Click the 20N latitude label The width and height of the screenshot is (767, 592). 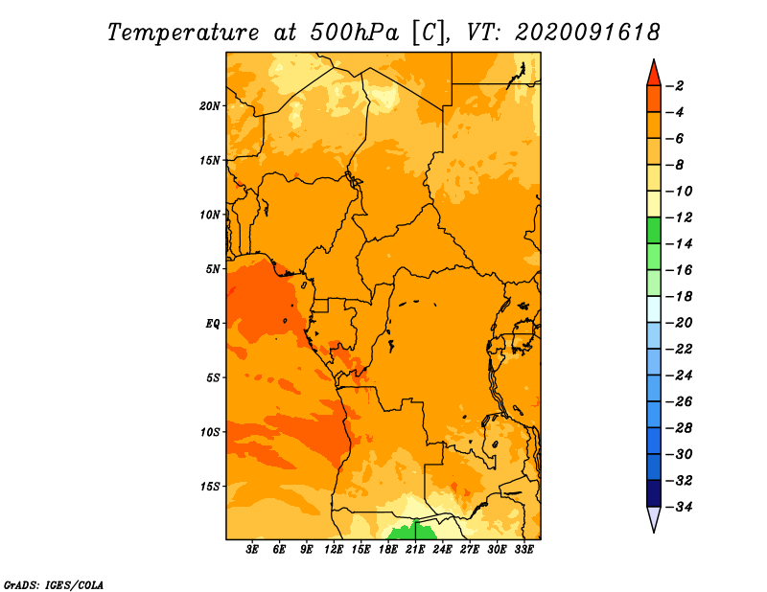pos(210,106)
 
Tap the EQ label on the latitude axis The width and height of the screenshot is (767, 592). pos(213,324)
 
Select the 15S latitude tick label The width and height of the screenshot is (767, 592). pos(210,487)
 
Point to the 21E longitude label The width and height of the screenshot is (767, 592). pos(415,550)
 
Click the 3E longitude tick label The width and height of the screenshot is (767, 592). pos(252,550)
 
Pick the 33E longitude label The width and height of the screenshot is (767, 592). pos(523,550)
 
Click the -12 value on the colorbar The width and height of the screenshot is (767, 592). pos(680,217)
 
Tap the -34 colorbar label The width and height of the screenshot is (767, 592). pos(680,507)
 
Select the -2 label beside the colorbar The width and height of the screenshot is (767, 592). pos(675,86)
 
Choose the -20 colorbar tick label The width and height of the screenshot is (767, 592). pos(680,323)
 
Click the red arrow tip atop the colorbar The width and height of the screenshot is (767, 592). pos(654,60)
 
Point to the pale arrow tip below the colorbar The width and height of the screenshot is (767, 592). pos(654,531)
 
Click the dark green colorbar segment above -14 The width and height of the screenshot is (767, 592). pos(654,231)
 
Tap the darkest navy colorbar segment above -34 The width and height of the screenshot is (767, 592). pos(654,493)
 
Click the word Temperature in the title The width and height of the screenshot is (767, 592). pos(183,33)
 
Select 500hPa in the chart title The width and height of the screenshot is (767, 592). pos(355,33)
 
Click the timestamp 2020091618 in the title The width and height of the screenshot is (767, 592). pos(588,33)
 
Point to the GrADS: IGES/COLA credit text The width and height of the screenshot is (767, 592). pos(54,585)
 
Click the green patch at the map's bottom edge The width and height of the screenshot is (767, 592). pos(409,532)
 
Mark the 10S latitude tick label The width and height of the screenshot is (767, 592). pos(210,432)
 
